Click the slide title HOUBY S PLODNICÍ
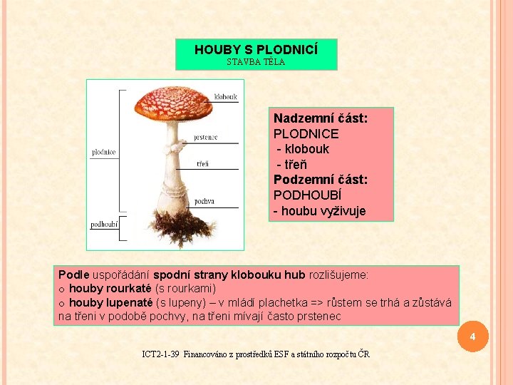pyautogui.click(x=256, y=50)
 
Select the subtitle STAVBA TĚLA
pyautogui.click(x=256, y=62)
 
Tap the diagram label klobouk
pyautogui.click(x=225, y=97)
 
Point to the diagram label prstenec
pyautogui.click(x=205, y=137)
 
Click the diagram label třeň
pyautogui.click(x=202, y=164)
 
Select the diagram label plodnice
pyautogui.click(x=103, y=152)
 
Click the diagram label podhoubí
pyautogui.click(x=104, y=225)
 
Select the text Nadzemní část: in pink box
pyautogui.click(x=321, y=118)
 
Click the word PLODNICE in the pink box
pyautogui.click(x=306, y=134)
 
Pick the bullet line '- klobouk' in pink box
pyautogui.click(x=303, y=149)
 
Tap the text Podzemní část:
pyautogui.click(x=321, y=180)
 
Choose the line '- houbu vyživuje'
pyautogui.click(x=319, y=211)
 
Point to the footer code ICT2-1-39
pyautogui.click(x=161, y=354)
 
